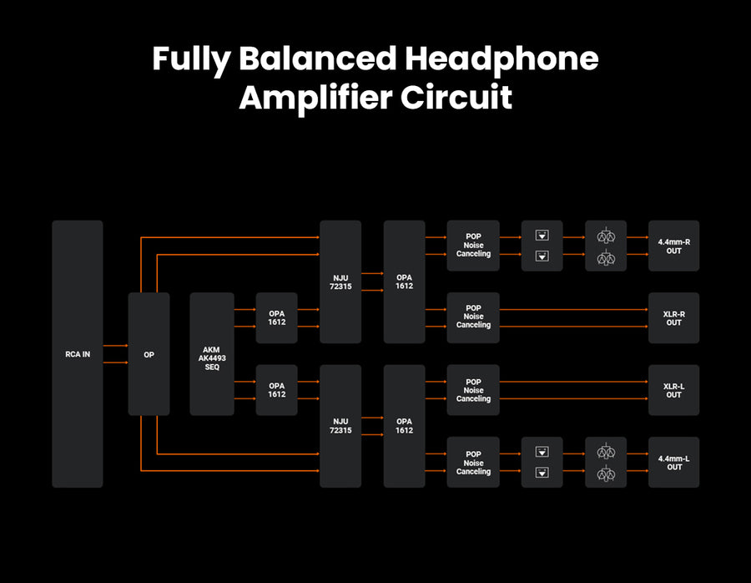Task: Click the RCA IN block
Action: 78,354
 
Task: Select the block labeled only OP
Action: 149,354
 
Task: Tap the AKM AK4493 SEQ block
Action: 212,354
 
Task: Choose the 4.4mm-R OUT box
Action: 673,246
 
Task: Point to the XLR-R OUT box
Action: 673,318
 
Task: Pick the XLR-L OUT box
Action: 673,390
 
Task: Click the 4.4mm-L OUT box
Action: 673,462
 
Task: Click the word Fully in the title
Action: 191,60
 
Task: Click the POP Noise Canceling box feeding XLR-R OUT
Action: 473,318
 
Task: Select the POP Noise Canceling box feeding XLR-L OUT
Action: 473,390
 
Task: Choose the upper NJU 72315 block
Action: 340,281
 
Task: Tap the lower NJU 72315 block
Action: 340,426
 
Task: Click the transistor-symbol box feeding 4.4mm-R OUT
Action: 606,246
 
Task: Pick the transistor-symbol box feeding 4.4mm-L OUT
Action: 606,462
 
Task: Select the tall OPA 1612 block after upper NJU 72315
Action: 404,281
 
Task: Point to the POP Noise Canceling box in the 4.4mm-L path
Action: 473,462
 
